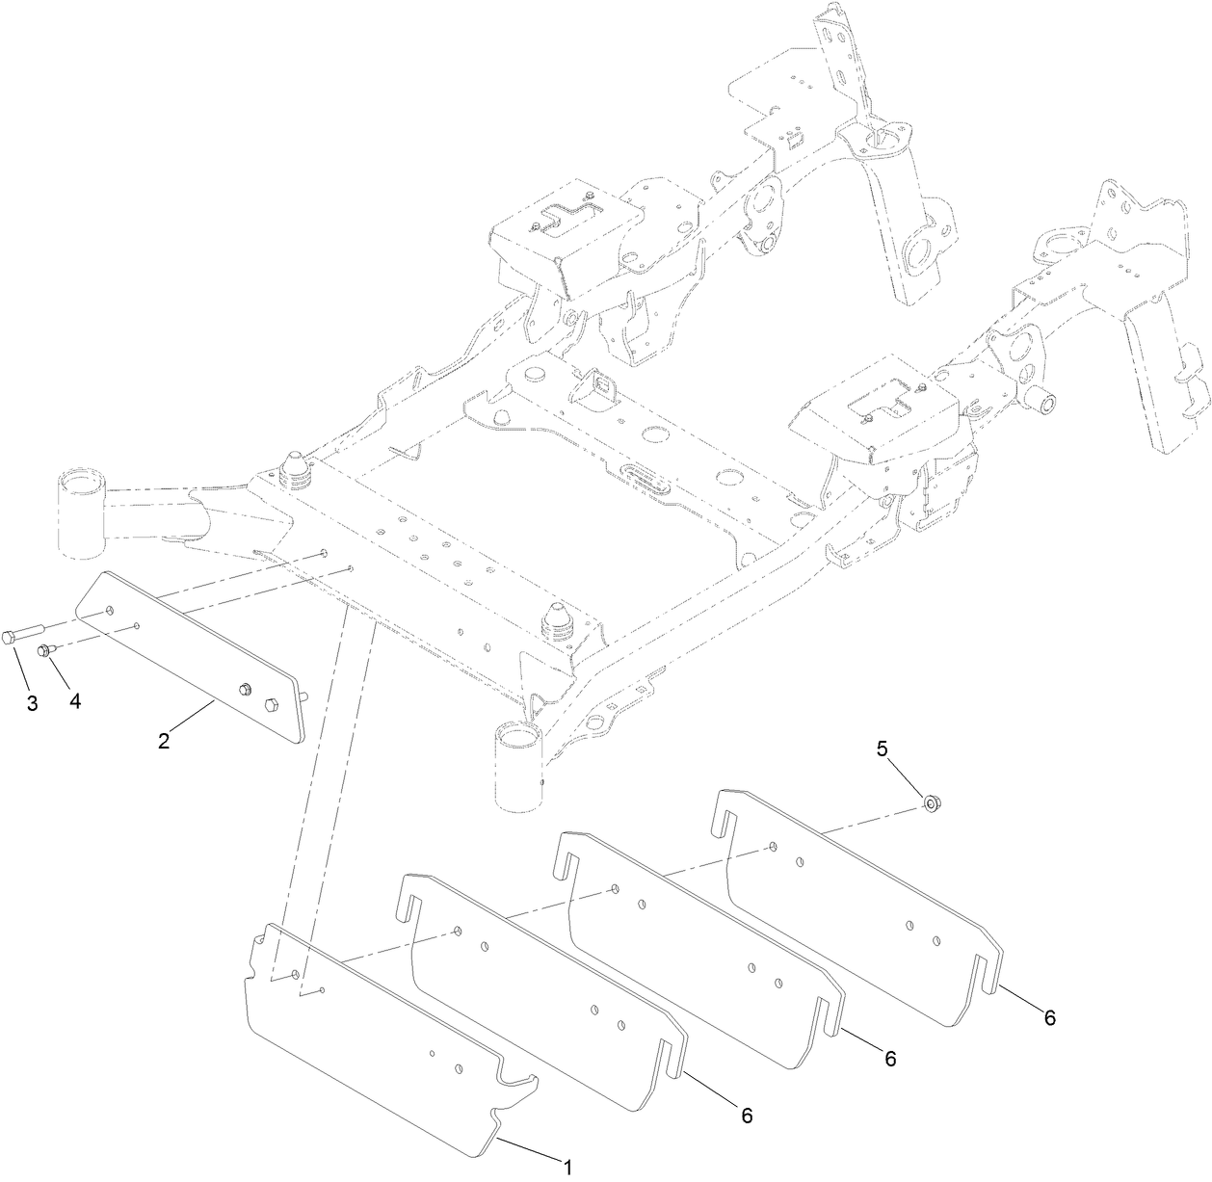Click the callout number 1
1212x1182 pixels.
coord(567,1168)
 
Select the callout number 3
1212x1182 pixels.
coord(32,703)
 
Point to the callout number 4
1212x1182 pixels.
coord(74,700)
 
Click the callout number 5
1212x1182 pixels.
coord(883,748)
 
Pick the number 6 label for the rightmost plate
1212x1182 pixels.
coord(1049,1017)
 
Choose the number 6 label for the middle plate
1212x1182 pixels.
coord(889,1058)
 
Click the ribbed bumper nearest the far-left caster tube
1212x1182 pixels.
coord(296,470)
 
